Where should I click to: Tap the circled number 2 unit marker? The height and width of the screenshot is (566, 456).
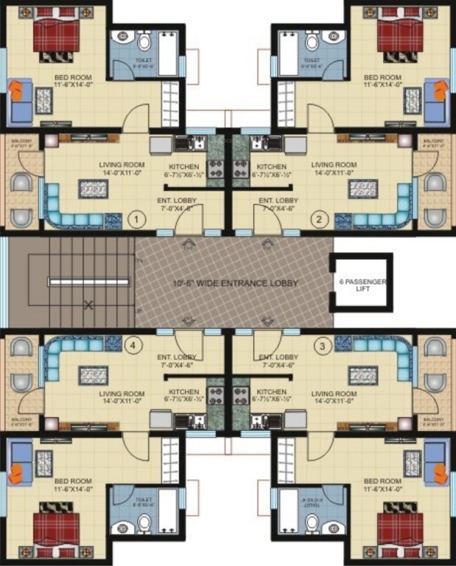click(x=320, y=218)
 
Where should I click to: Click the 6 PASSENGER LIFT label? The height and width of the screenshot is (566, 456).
click(x=362, y=283)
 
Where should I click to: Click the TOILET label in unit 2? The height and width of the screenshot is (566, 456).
click(x=312, y=60)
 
